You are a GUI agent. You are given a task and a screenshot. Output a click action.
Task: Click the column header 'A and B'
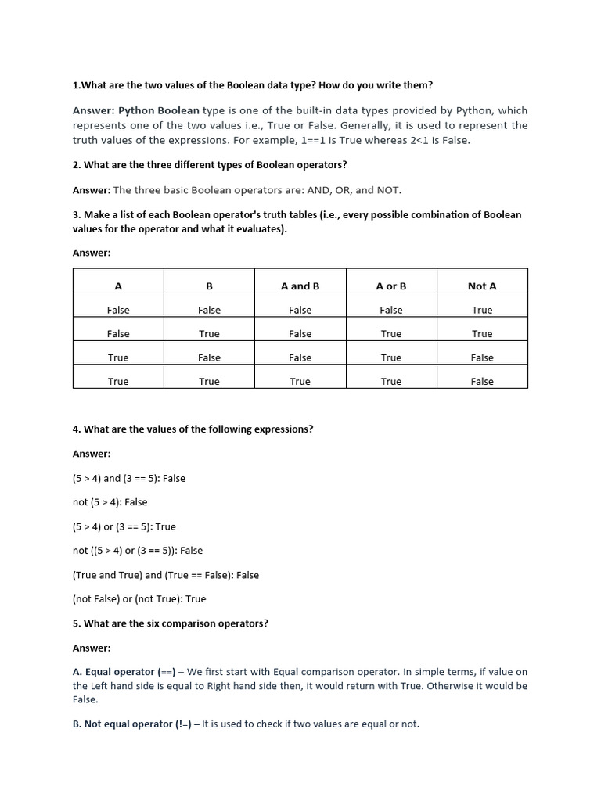coord(300,286)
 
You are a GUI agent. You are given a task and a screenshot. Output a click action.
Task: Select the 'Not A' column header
coord(482,286)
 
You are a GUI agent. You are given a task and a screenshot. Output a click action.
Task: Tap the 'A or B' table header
coord(391,286)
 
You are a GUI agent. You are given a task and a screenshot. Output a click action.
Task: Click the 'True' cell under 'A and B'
coord(300,382)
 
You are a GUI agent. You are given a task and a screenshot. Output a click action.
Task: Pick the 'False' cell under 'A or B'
coord(391,311)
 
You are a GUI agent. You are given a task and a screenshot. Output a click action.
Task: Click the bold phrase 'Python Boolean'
coord(159,111)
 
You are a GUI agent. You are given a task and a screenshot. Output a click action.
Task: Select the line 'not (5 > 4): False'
coord(110,502)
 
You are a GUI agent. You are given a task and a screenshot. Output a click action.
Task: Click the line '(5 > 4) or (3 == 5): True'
coord(124,526)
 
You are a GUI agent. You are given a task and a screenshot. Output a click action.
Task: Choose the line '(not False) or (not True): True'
coord(139,599)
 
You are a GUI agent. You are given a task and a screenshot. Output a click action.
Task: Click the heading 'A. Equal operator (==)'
coord(124,672)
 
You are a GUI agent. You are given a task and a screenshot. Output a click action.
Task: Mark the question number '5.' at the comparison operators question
coord(77,623)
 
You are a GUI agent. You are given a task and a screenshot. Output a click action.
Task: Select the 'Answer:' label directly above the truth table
coord(92,253)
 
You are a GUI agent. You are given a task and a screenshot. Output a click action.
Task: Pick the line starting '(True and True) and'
coord(165,575)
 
